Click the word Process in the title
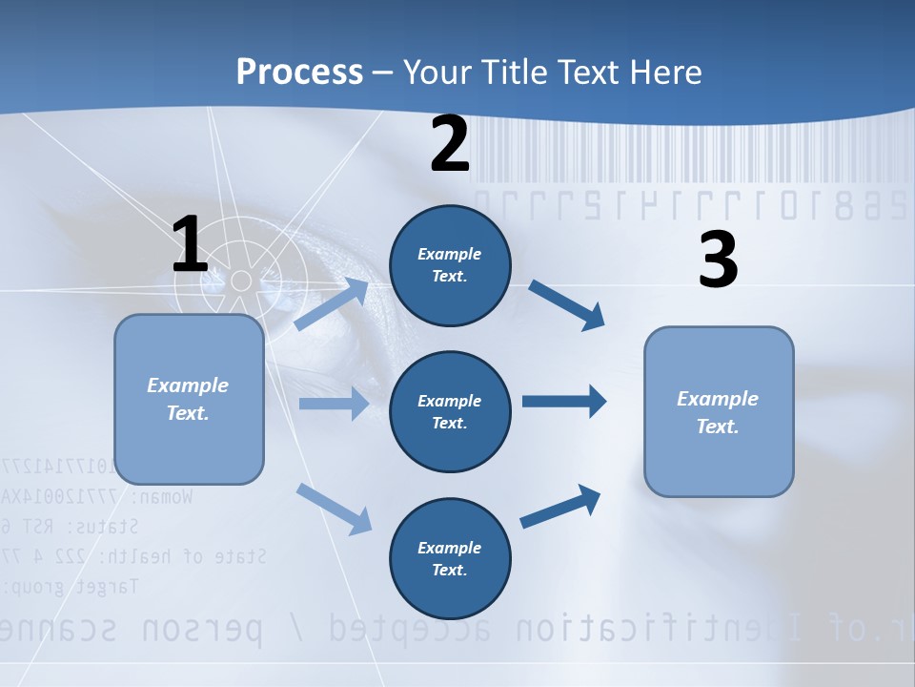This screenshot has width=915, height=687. (x=299, y=73)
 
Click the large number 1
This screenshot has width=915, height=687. (x=190, y=245)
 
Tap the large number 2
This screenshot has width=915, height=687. (x=450, y=144)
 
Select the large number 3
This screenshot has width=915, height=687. (x=718, y=260)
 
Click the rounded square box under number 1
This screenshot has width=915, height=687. (x=189, y=399)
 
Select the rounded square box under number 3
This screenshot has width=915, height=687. (x=719, y=412)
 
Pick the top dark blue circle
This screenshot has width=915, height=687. (x=450, y=265)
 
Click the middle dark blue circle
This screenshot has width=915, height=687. (x=450, y=411)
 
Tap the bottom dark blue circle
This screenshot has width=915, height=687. (x=450, y=558)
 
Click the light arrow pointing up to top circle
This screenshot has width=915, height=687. (x=333, y=303)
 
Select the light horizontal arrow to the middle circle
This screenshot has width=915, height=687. (x=333, y=404)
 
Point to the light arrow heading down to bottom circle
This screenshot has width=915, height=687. (x=335, y=508)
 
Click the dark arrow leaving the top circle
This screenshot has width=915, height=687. (x=566, y=305)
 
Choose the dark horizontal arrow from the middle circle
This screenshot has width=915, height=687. (x=564, y=402)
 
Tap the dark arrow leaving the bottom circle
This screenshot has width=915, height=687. (x=560, y=507)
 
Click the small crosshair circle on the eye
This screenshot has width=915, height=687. (x=241, y=280)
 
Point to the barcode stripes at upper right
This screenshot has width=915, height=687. (x=686, y=153)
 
